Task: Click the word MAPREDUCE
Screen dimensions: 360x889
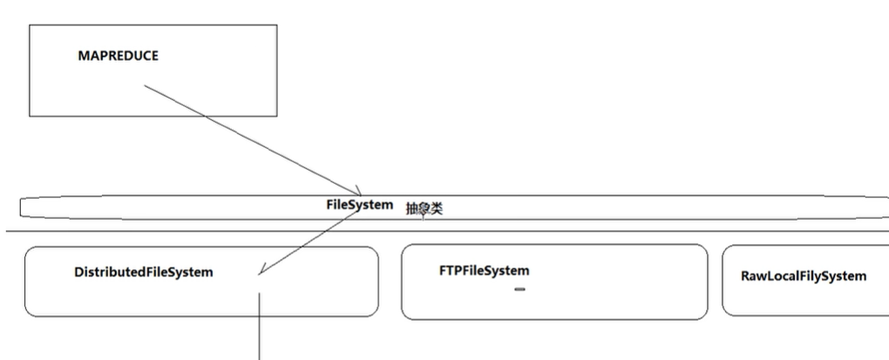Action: [119, 56]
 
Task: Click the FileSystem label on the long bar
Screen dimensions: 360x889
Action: [359, 205]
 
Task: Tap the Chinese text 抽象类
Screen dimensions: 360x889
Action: [424, 208]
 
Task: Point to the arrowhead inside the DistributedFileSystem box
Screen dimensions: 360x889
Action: [261, 272]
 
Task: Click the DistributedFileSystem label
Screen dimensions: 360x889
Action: [144, 272]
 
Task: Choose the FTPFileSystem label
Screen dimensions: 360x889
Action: [484, 270]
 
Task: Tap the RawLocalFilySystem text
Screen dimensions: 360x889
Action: [804, 276]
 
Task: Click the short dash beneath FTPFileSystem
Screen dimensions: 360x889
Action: [519, 289]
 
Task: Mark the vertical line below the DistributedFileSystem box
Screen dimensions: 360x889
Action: [259, 327]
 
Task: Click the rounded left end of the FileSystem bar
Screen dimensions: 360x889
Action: [24, 207]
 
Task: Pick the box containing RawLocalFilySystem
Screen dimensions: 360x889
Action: [806, 301]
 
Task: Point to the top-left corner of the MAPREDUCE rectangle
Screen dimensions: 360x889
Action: [30, 25]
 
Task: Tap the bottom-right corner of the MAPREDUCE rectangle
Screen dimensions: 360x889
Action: [277, 116]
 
